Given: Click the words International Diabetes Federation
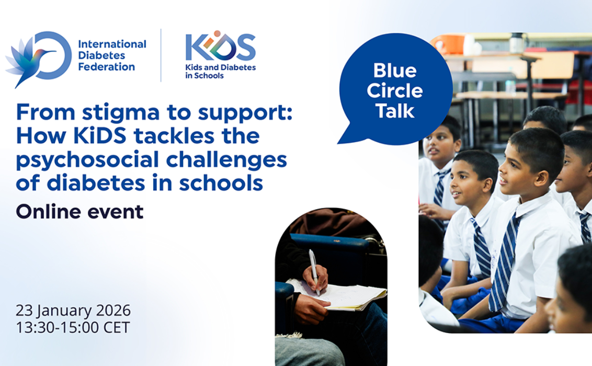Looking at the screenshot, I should coord(112,55).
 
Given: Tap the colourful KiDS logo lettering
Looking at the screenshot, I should coord(220,47).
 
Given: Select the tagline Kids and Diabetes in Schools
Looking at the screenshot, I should coord(220,71).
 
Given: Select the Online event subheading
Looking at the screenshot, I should coord(79,212).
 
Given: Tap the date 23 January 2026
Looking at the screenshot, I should coord(73,311).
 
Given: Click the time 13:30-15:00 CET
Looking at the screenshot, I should coord(73,327).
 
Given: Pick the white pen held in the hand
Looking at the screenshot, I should coord(313,269).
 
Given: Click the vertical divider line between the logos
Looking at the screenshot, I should coord(161,55).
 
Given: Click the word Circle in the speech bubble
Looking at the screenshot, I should coord(395,90).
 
